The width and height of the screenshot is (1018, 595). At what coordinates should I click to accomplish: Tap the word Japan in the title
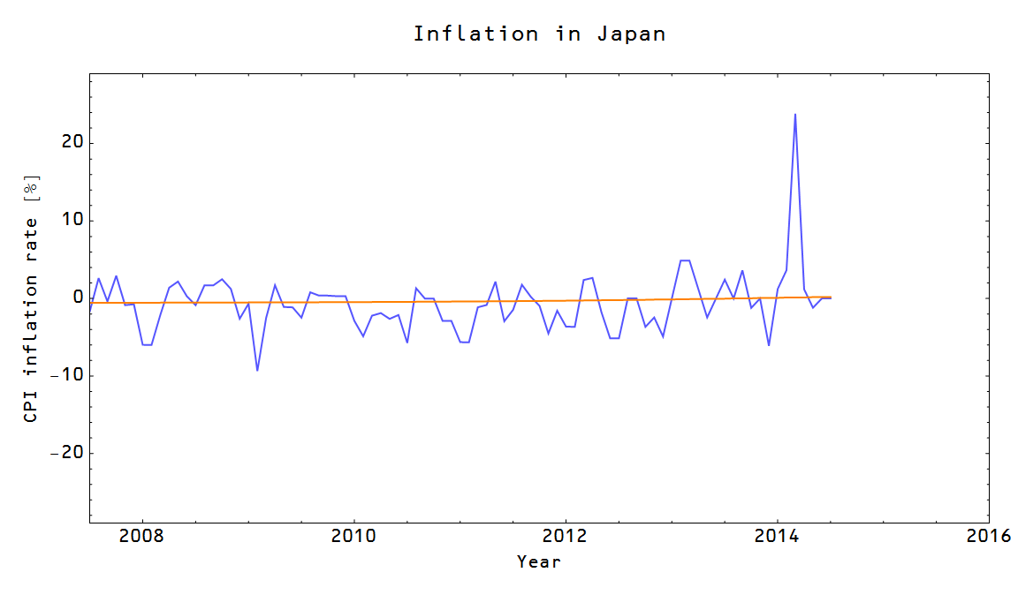coord(631,34)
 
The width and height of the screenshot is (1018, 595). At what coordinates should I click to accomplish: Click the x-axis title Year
coord(539,561)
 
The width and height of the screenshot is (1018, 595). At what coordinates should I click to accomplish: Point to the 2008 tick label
coord(142,536)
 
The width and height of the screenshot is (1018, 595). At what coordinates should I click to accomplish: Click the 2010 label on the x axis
coord(353,536)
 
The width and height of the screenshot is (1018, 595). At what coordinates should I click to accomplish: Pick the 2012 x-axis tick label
coord(566,536)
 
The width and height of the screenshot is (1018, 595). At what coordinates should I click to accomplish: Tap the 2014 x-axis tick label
coord(777,536)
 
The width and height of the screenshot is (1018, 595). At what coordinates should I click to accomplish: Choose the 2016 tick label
coord(988,536)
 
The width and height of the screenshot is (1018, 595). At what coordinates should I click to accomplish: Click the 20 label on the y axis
coord(72,143)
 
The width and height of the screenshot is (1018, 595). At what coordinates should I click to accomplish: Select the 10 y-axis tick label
coord(72,221)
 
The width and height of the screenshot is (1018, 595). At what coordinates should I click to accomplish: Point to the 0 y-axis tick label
coord(78,298)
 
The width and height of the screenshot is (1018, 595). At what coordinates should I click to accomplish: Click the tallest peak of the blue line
coord(795,115)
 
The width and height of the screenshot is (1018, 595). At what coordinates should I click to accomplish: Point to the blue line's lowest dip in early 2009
coord(257,370)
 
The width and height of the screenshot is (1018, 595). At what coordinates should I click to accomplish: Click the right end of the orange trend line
coord(830,297)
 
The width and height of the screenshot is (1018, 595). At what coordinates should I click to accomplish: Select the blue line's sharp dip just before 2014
coord(769,344)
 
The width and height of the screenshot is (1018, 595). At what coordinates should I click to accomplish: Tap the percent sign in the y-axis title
coord(32,185)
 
